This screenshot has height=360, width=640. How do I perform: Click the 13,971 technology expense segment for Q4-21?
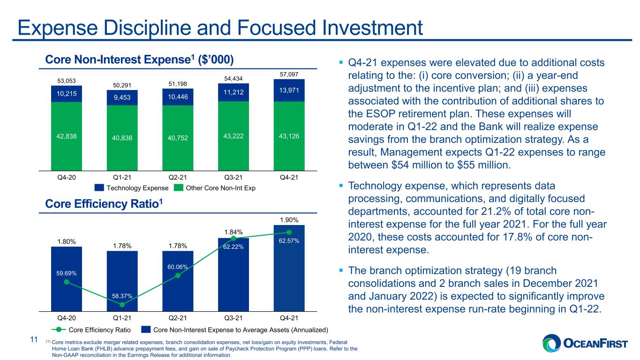289,90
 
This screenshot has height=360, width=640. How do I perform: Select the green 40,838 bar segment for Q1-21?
122,138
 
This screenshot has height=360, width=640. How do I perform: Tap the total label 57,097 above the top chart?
289,74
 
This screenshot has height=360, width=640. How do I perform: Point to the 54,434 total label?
233,79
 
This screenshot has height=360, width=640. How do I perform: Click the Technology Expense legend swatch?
99,187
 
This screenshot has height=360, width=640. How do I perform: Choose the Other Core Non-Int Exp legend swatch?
178,187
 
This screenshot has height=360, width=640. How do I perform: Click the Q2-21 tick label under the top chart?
178,178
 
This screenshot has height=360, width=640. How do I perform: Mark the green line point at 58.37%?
122,305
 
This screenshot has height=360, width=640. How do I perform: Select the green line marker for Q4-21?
289,232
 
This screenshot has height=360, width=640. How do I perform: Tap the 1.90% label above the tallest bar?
289,220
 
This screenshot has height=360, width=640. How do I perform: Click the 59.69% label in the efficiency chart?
66,273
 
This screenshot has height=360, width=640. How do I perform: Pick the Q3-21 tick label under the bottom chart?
233,318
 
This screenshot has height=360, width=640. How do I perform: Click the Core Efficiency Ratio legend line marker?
59,330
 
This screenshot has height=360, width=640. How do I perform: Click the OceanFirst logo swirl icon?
552,343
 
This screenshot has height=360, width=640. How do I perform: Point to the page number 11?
34,339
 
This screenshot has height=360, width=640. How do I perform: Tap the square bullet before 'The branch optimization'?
341,270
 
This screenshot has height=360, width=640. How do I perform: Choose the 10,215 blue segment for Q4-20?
66,94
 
